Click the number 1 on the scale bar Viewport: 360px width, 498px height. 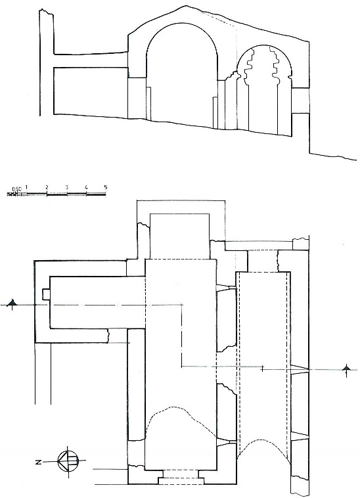click(27, 187)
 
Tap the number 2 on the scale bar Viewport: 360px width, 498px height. click(47, 187)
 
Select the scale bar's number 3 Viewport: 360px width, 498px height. click(66, 187)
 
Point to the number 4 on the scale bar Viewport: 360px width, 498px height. click(86, 187)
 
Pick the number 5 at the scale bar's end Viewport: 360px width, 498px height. click(106, 187)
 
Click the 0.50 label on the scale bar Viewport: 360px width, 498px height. click(16, 189)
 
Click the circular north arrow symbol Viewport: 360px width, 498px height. click(68, 461)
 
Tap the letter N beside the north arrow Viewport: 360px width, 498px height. click(39, 462)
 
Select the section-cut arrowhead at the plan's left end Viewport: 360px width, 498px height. click(12, 304)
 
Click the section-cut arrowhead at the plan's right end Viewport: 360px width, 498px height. click(346, 369)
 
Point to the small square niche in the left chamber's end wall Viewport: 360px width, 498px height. click(46, 294)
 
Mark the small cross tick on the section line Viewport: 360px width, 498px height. click(262, 369)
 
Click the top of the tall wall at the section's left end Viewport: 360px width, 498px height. click(47, 12)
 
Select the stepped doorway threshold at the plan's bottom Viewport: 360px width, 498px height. click(181, 477)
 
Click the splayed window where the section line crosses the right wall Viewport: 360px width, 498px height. click(300, 369)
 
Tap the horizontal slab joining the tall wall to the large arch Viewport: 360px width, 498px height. click(91, 60)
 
